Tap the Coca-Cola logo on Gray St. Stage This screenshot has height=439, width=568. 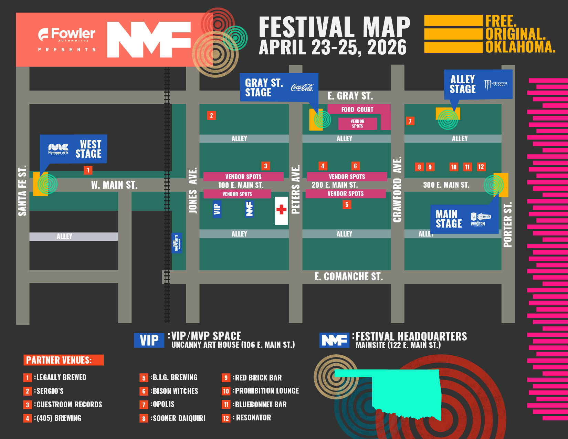coord(302,87)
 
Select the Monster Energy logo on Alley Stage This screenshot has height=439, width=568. coord(495,84)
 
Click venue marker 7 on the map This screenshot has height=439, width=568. coord(410,121)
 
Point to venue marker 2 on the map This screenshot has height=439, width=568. coord(211,115)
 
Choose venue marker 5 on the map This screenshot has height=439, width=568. coord(347,205)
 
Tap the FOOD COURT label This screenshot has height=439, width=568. coord(357,109)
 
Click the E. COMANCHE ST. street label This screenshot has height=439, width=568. coord(348,276)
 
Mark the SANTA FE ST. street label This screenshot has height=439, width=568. coord(22,191)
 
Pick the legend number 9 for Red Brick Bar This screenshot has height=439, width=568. coord(226,378)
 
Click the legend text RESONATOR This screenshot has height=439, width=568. coord(253,418)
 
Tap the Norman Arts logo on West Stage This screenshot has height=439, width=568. coord(58,149)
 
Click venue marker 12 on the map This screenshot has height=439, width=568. coord(481,167)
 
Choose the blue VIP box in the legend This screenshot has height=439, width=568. coord(149,341)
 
